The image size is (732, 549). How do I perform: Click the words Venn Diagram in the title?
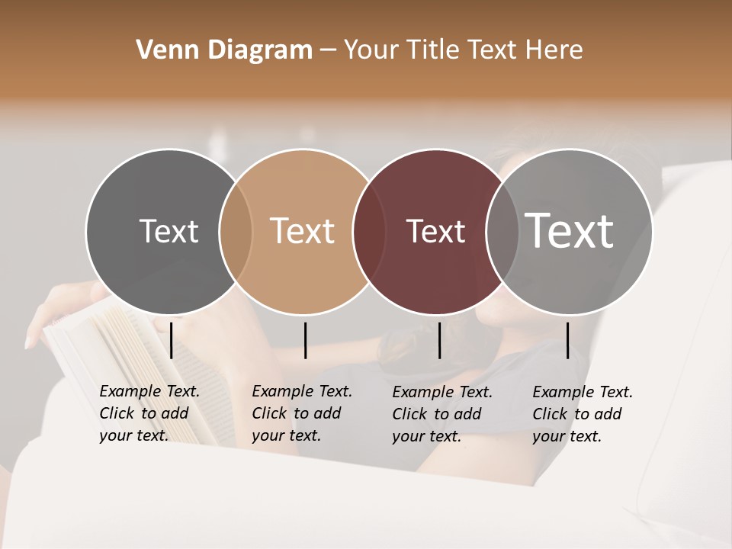point(224,50)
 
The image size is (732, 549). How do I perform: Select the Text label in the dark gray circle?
point(169,231)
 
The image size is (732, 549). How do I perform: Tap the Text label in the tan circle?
point(303,231)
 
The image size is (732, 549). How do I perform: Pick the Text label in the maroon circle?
point(436,231)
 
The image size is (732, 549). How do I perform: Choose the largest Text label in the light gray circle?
point(570,230)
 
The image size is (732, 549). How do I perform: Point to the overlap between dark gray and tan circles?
point(236,231)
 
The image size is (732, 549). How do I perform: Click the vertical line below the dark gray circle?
point(172,340)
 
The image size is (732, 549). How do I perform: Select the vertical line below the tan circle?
point(305,340)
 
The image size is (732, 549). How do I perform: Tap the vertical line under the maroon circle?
point(439,340)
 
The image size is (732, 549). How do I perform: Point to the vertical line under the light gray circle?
point(567,340)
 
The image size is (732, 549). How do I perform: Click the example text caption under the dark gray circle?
point(149,413)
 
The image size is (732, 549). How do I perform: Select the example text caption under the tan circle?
point(302,413)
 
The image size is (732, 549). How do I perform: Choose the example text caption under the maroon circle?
point(442,414)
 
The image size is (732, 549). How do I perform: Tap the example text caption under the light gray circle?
point(583,414)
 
